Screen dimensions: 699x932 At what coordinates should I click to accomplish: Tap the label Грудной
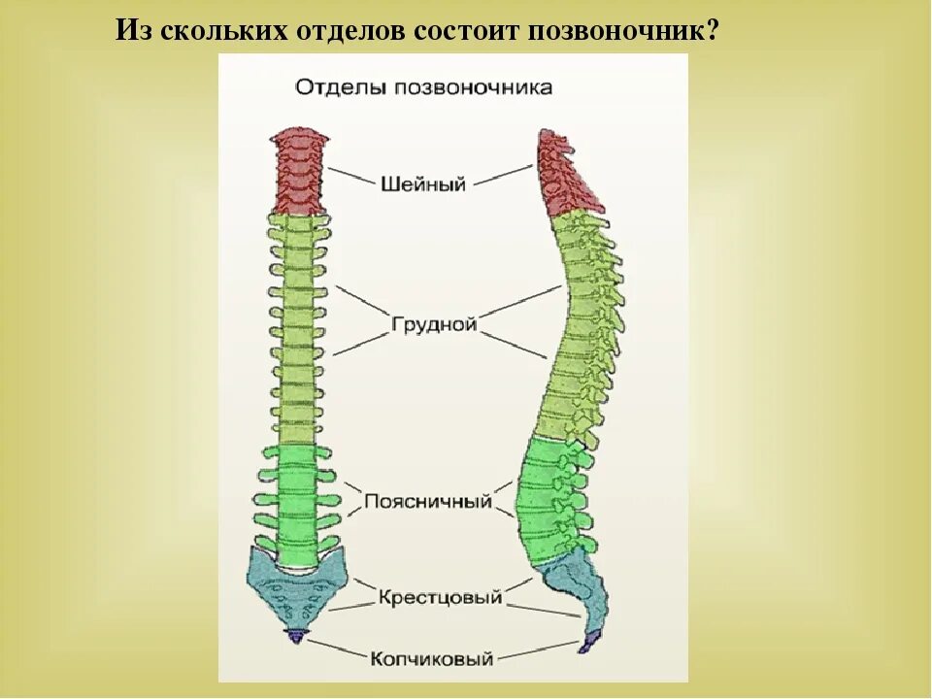(434, 324)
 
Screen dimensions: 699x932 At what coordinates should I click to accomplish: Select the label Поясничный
(428, 502)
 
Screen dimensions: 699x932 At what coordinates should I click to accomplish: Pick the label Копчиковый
(432, 658)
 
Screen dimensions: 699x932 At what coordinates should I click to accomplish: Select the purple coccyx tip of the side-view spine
(590, 640)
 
